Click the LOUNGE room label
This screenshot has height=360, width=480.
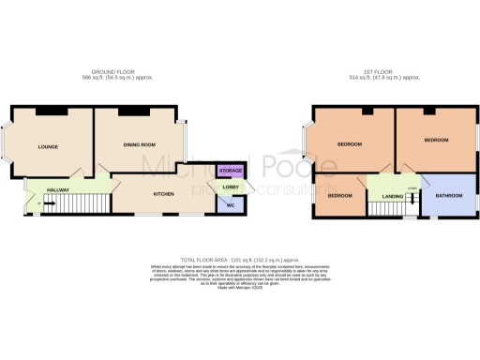49,147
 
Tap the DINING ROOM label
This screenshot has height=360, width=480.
140,145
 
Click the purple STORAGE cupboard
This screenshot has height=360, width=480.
230,171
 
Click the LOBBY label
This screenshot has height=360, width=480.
230,187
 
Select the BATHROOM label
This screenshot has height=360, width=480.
448,195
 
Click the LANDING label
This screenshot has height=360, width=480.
392,195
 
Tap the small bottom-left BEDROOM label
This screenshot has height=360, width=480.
339,195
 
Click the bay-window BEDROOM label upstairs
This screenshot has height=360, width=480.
351,144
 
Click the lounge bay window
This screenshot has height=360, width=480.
7,145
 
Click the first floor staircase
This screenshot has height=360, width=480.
384,208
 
